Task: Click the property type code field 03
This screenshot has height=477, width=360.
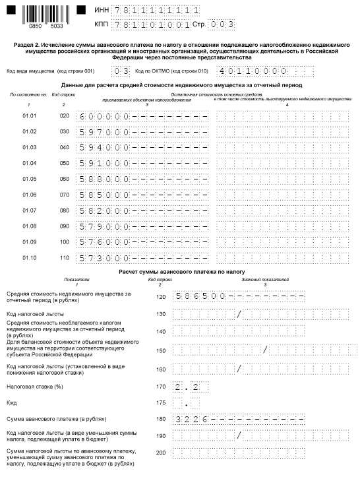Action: tap(121, 71)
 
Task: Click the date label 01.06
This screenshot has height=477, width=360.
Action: tap(30, 195)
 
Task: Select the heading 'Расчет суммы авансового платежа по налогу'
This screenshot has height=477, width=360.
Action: tap(181, 271)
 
